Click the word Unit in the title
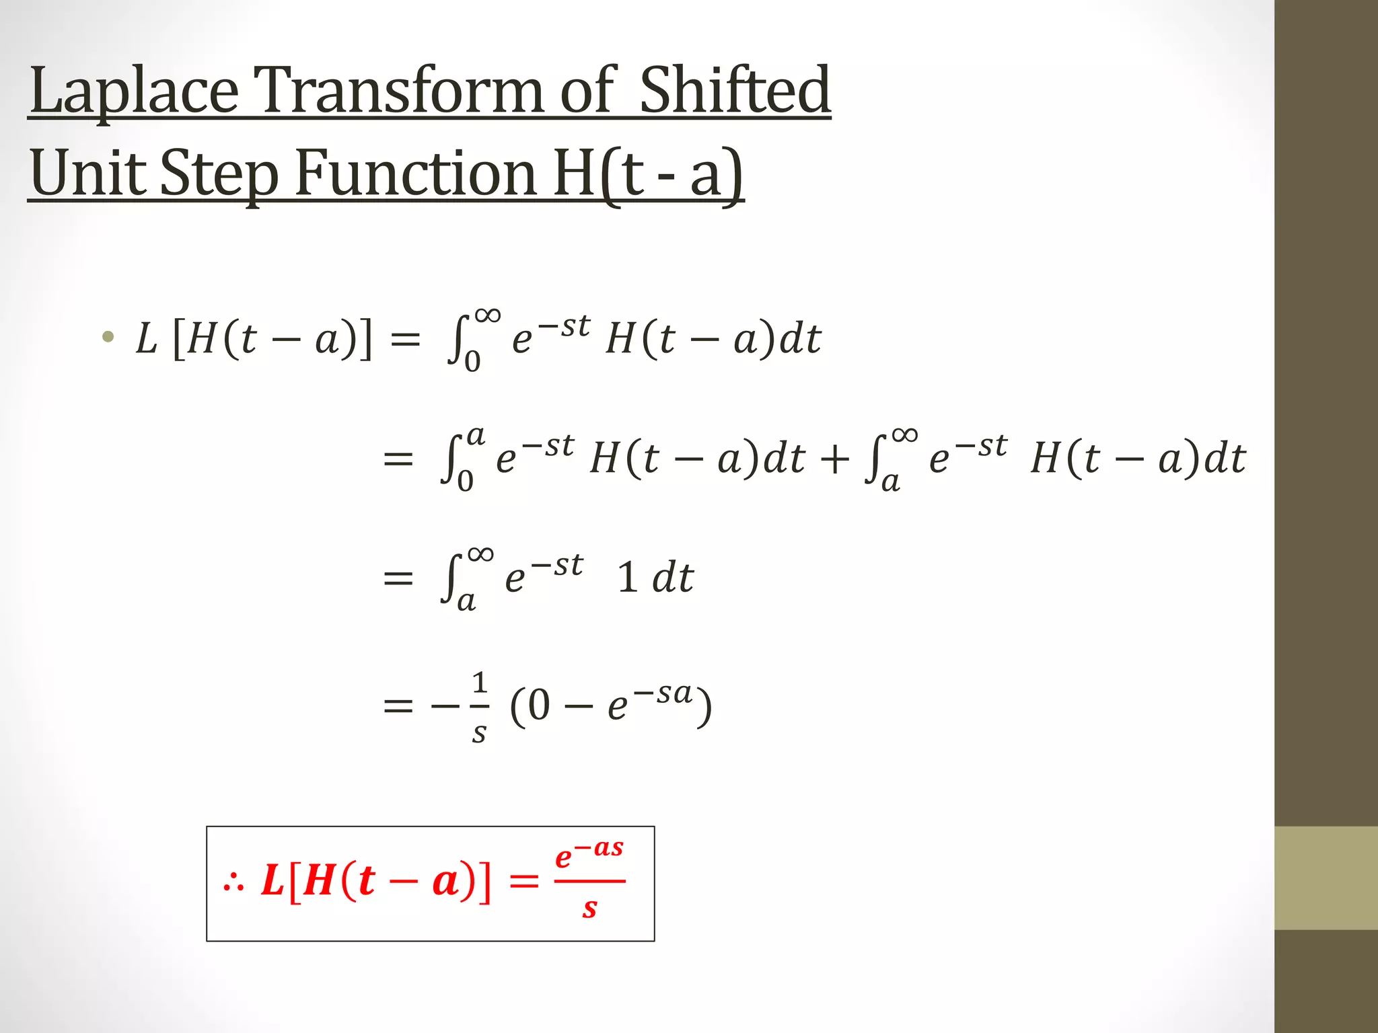(x=88, y=174)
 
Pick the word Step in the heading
(x=219, y=174)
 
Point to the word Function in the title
(x=416, y=174)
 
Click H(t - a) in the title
(x=648, y=174)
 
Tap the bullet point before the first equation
(x=108, y=337)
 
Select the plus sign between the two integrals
(x=835, y=460)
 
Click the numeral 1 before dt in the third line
(x=627, y=578)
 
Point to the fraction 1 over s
(x=479, y=706)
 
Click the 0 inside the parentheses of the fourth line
(x=538, y=706)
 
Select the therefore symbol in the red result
(x=233, y=882)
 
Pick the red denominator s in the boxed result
(x=590, y=908)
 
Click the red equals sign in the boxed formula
(x=524, y=881)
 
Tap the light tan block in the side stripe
(x=1326, y=878)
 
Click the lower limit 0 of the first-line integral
(x=472, y=362)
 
